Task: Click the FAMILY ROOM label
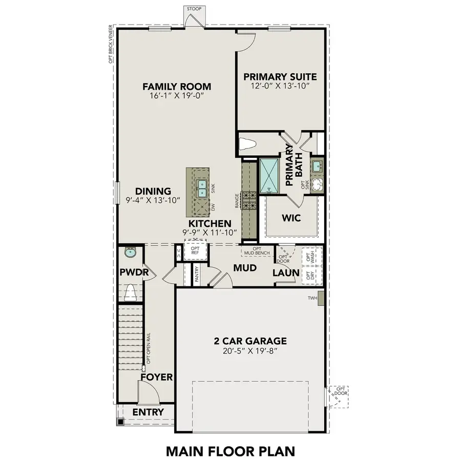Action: [177, 87]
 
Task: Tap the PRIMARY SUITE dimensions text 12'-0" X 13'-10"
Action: [280, 86]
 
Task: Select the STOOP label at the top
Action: [194, 9]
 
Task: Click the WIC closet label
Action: [291, 218]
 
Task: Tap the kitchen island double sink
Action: [202, 188]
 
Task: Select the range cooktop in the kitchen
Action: [249, 200]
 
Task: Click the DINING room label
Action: [154, 191]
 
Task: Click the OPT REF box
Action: [195, 250]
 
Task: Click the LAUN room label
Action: [286, 273]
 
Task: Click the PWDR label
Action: [134, 273]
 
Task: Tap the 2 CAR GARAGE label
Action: [249, 341]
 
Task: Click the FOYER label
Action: [157, 378]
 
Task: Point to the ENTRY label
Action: [148, 412]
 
